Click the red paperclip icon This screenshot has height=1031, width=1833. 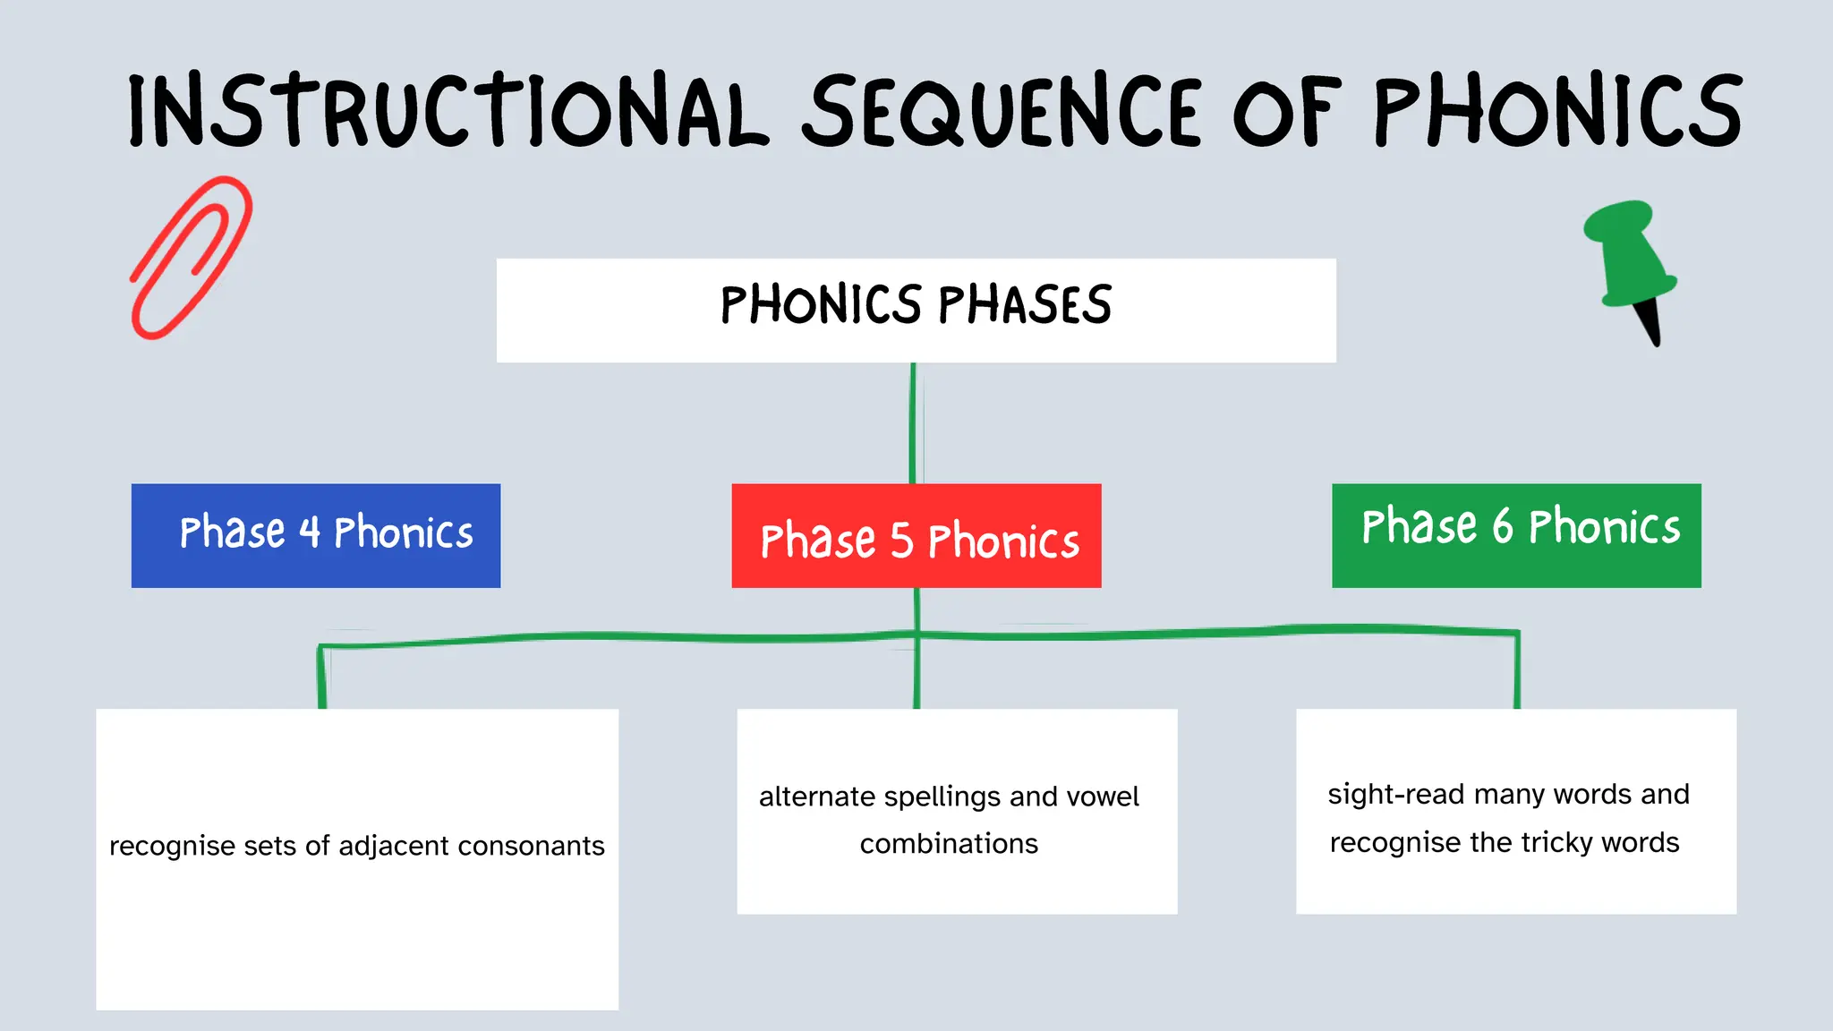[x=191, y=257]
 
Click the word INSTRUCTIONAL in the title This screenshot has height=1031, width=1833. [x=448, y=112]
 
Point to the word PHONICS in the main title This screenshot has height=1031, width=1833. [x=1557, y=112]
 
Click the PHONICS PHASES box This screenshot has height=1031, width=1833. [x=916, y=310]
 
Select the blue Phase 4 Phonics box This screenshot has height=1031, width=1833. [x=315, y=535]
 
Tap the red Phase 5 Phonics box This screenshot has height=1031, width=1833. [x=916, y=535]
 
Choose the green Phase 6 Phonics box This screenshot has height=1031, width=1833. [x=1516, y=535]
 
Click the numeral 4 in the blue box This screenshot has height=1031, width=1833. [x=310, y=533]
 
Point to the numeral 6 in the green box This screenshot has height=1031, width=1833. [x=1502, y=526]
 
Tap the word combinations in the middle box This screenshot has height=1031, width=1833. [x=949, y=844]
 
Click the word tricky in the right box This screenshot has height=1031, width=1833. [x=1556, y=843]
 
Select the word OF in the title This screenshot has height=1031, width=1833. [x=1287, y=112]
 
